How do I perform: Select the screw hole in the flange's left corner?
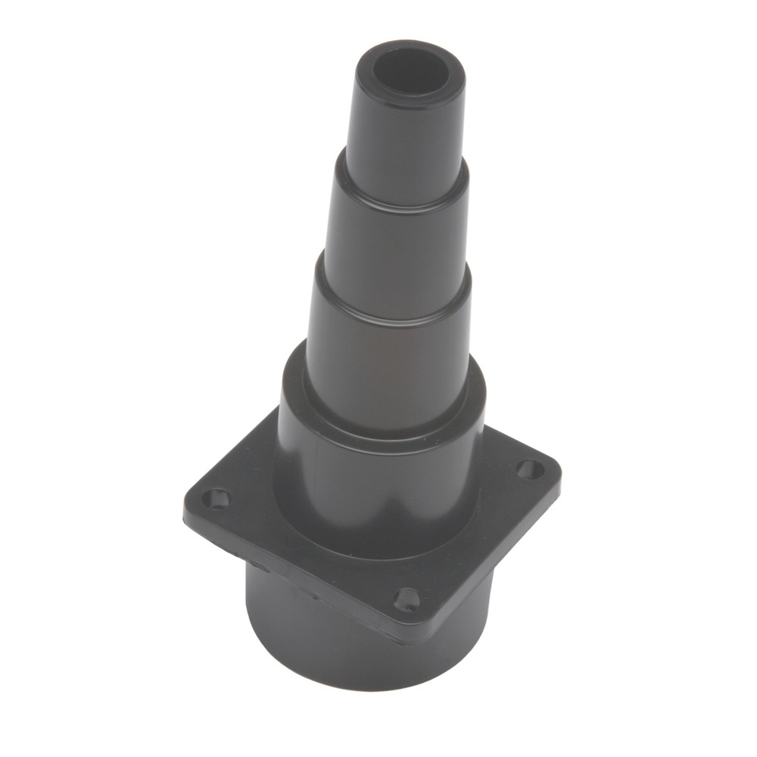click(x=218, y=499)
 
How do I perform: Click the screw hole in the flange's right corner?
click(x=529, y=469)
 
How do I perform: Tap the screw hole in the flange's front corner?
click(x=407, y=599)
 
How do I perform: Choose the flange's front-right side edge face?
click(x=492, y=560)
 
